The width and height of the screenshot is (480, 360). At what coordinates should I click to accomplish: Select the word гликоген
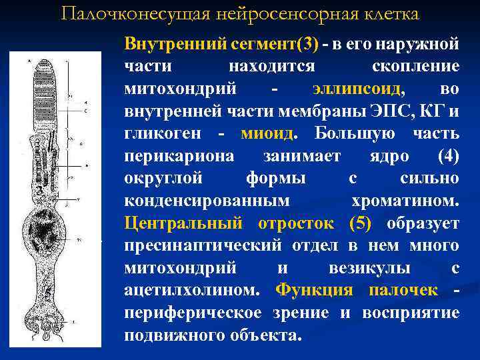pyautogui.click(x=163, y=133)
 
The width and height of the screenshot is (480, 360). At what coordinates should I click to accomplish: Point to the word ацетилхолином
pyautogui.click(x=193, y=290)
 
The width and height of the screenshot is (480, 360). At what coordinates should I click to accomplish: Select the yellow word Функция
pyautogui.click(x=315, y=290)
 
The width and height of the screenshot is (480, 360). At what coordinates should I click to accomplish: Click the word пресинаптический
pyautogui.click(x=204, y=245)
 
